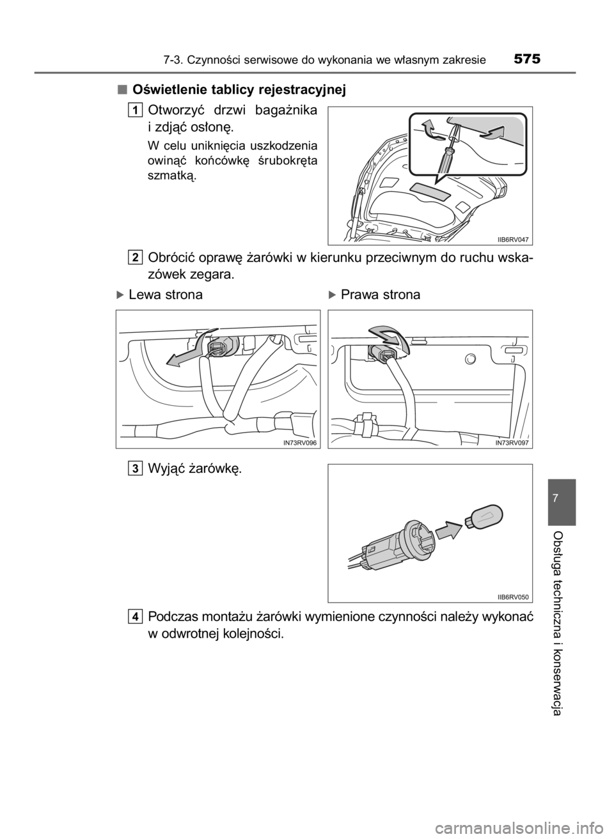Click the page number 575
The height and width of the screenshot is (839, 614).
527,58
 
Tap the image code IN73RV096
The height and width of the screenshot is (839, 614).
299,443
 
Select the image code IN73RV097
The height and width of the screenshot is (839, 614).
512,443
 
